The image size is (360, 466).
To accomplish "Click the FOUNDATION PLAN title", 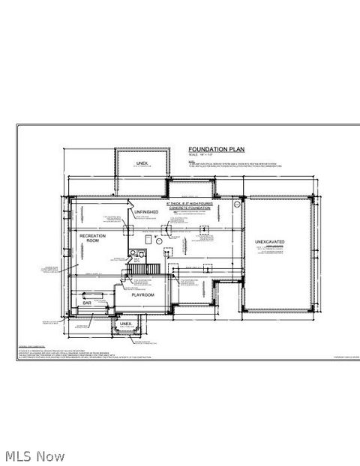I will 212,150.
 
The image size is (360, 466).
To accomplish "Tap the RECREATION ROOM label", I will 94,238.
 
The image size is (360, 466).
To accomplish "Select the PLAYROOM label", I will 143,295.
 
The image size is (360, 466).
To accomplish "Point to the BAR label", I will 87,303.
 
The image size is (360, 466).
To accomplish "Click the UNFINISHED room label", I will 146,212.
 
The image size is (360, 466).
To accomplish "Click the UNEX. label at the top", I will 142,163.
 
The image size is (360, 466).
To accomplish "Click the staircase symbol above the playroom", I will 144,268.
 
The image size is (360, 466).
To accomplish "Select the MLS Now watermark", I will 34,456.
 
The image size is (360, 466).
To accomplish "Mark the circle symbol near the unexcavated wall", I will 238,203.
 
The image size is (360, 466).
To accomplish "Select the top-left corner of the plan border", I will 17,124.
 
